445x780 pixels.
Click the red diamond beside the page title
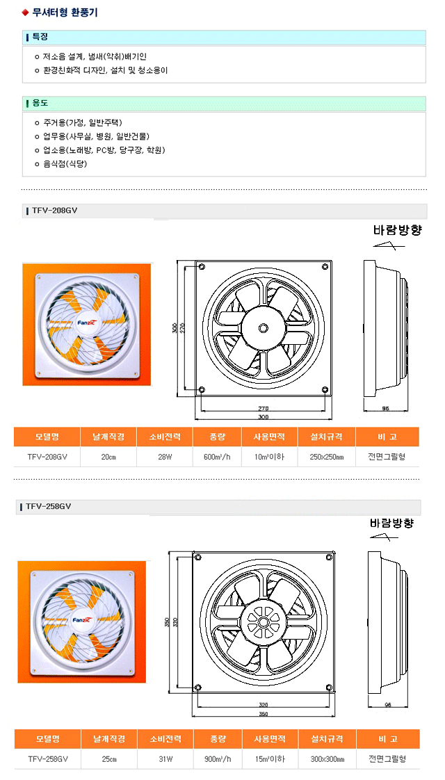point(25,13)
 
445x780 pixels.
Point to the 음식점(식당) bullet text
point(61,163)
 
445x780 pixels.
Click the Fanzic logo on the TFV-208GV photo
point(88,323)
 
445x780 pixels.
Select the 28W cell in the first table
point(165,457)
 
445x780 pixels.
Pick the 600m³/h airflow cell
point(217,457)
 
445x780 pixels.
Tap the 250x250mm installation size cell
point(327,457)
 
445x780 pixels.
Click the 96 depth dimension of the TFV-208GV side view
point(385,408)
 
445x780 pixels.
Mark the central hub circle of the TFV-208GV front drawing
point(263,328)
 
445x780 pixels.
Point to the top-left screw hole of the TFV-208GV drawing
point(201,268)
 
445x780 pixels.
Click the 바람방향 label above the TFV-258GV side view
point(392,523)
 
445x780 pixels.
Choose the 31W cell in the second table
point(165,759)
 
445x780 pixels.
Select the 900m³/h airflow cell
point(218,759)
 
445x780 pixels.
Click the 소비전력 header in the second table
point(165,739)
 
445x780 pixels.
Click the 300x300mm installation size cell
point(327,759)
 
